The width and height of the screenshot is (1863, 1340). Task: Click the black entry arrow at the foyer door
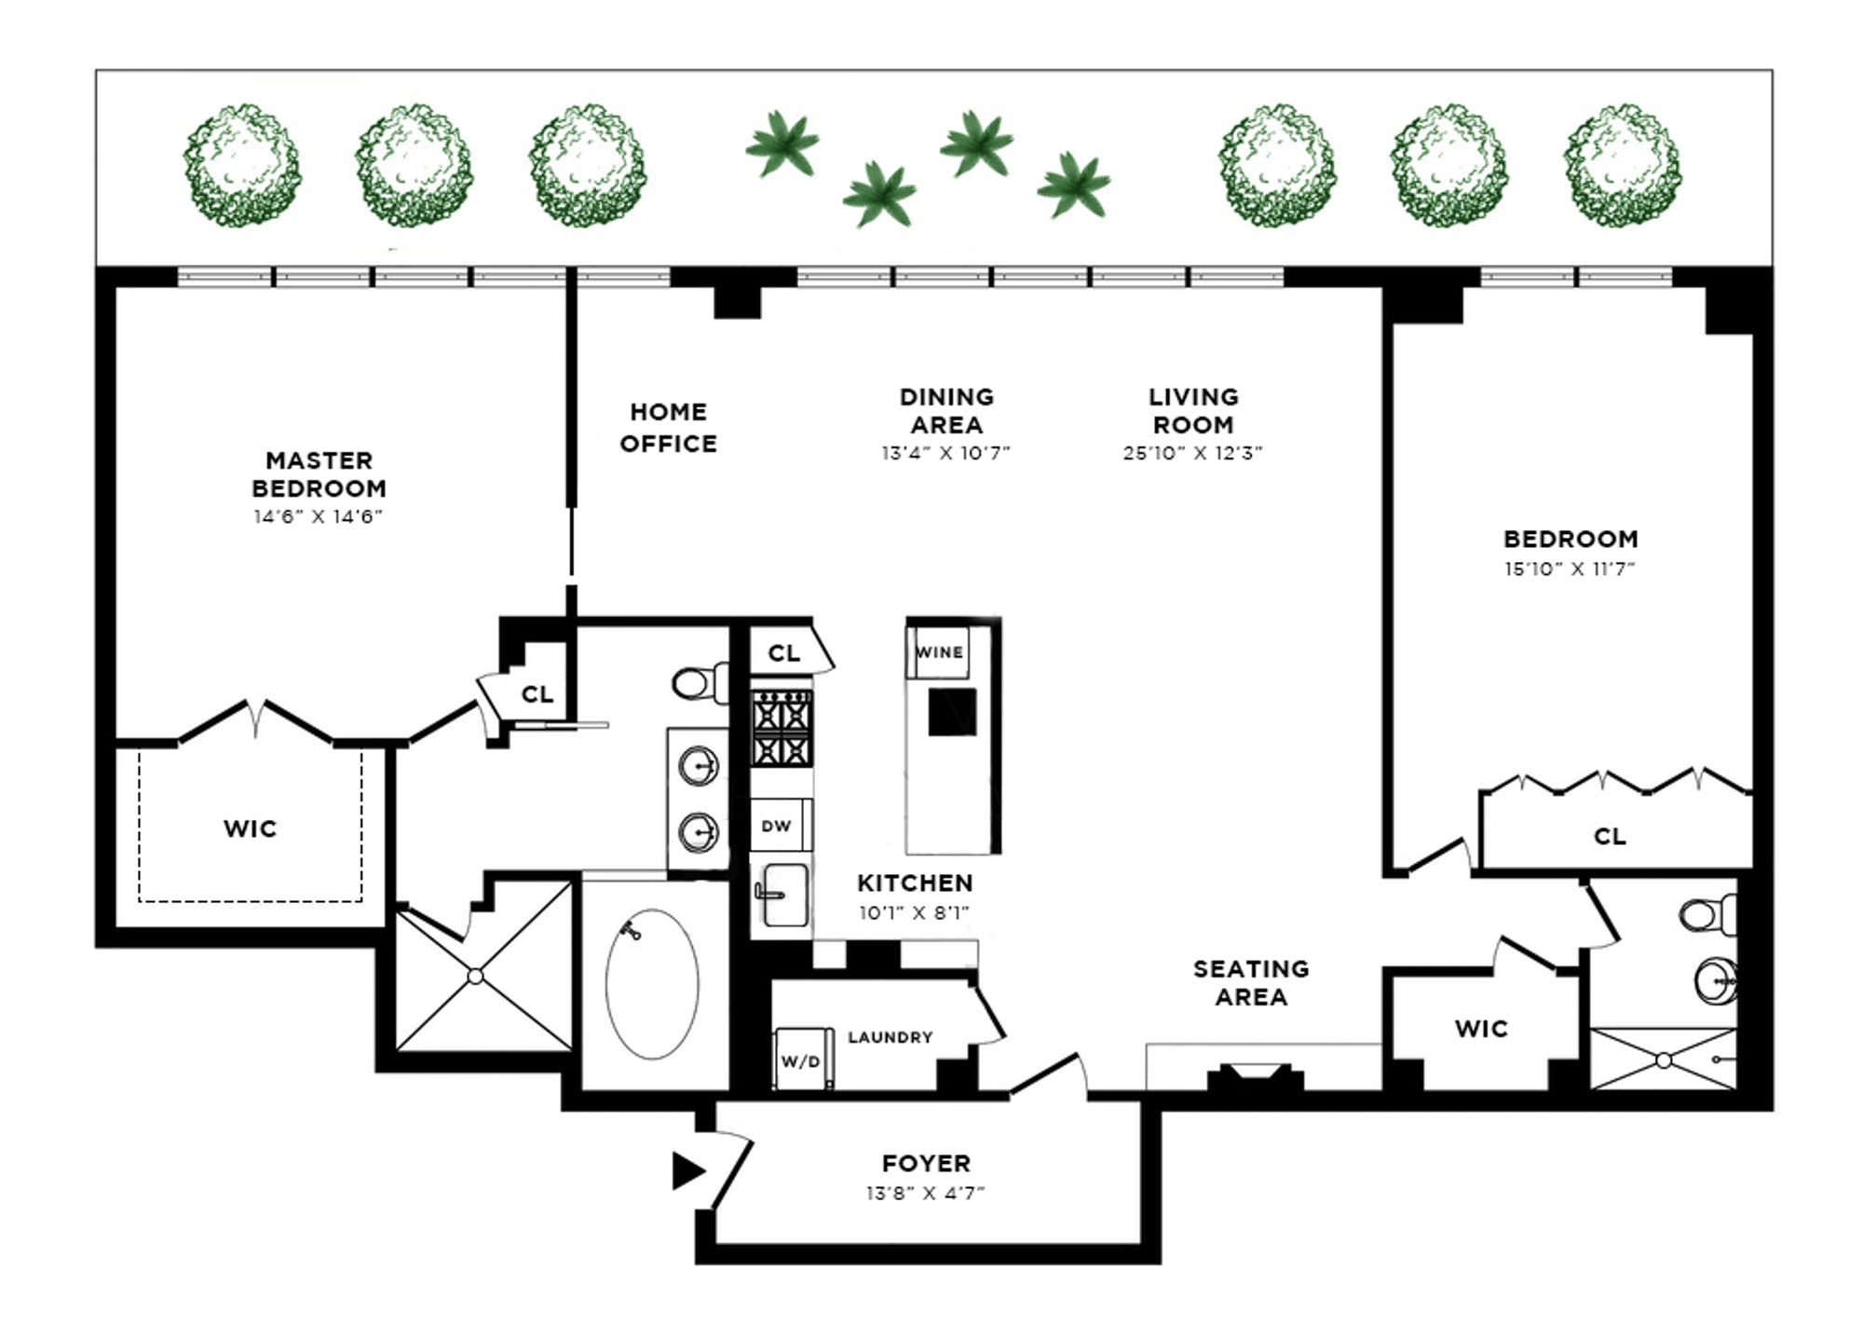687,1170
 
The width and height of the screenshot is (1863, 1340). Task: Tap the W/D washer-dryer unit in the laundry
802,1059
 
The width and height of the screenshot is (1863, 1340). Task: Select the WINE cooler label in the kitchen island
938,652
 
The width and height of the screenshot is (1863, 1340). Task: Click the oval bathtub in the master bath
652,984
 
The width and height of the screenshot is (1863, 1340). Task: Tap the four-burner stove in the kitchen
782,729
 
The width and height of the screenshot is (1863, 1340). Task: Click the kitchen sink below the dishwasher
782,895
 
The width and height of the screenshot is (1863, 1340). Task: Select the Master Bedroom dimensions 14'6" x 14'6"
319,516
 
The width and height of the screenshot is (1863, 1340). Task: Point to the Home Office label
669,428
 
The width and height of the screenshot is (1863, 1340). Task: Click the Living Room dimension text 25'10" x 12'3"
1192,453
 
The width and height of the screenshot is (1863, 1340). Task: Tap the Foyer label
926,1163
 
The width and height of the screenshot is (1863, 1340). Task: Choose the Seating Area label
1251,983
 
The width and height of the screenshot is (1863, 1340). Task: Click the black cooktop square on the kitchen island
952,712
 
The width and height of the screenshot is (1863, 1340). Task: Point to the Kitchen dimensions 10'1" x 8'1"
914,913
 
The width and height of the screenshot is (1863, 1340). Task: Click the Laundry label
890,1037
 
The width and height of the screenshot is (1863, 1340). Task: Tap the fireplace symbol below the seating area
1255,1075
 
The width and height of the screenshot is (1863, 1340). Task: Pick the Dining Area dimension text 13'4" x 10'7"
945,453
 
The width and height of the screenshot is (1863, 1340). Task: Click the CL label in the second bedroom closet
1610,836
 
